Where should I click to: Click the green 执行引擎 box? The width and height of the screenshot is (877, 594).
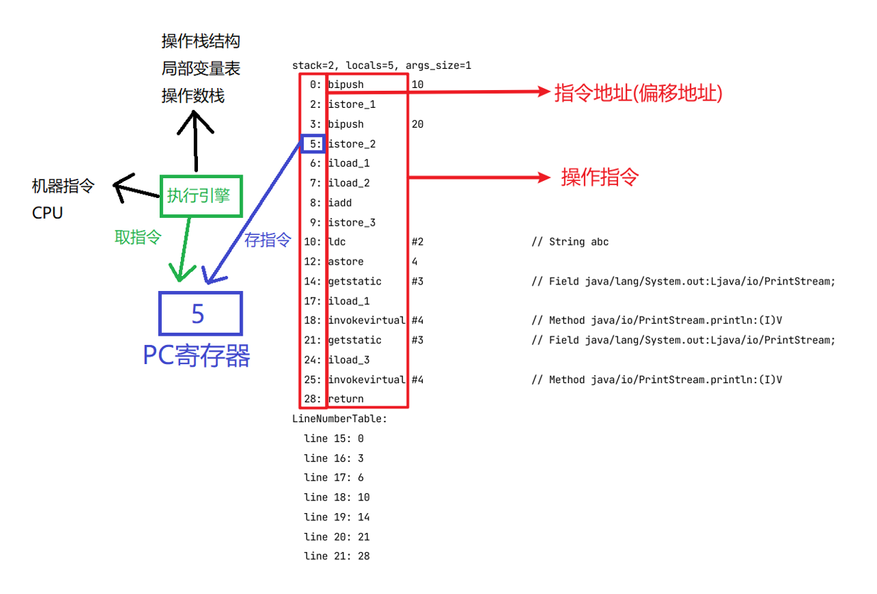tap(201, 195)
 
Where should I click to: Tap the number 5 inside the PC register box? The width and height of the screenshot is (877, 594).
tap(198, 314)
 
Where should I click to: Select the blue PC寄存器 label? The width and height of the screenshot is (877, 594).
tap(197, 355)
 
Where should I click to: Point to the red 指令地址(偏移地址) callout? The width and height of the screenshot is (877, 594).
tap(638, 93)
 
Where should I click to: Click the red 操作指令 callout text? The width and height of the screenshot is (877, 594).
tap(600, 177)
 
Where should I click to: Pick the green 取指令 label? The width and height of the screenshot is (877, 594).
tap(138, 238)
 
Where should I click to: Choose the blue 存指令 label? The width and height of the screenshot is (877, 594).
tap(267, 240)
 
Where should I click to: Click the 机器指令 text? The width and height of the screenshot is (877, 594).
tap(63, 186)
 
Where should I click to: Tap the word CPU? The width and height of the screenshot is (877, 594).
tap(48, 213)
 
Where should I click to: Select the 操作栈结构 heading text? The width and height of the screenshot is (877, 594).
tap(201, 41)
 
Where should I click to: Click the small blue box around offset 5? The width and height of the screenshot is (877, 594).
tap(313, 144)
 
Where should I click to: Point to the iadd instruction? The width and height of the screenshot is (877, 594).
tap(340, 203)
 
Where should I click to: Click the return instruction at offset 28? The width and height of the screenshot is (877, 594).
tap(346, 399)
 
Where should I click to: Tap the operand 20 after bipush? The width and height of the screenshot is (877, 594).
tap(417, 124)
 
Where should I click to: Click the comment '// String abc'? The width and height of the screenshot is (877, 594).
tap(570, 242)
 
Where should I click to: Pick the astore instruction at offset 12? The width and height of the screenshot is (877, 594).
tap(346, 262)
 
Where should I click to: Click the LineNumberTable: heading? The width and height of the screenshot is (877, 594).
tap(340, 419)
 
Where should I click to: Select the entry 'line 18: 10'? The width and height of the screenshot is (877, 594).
tap(337, 497)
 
